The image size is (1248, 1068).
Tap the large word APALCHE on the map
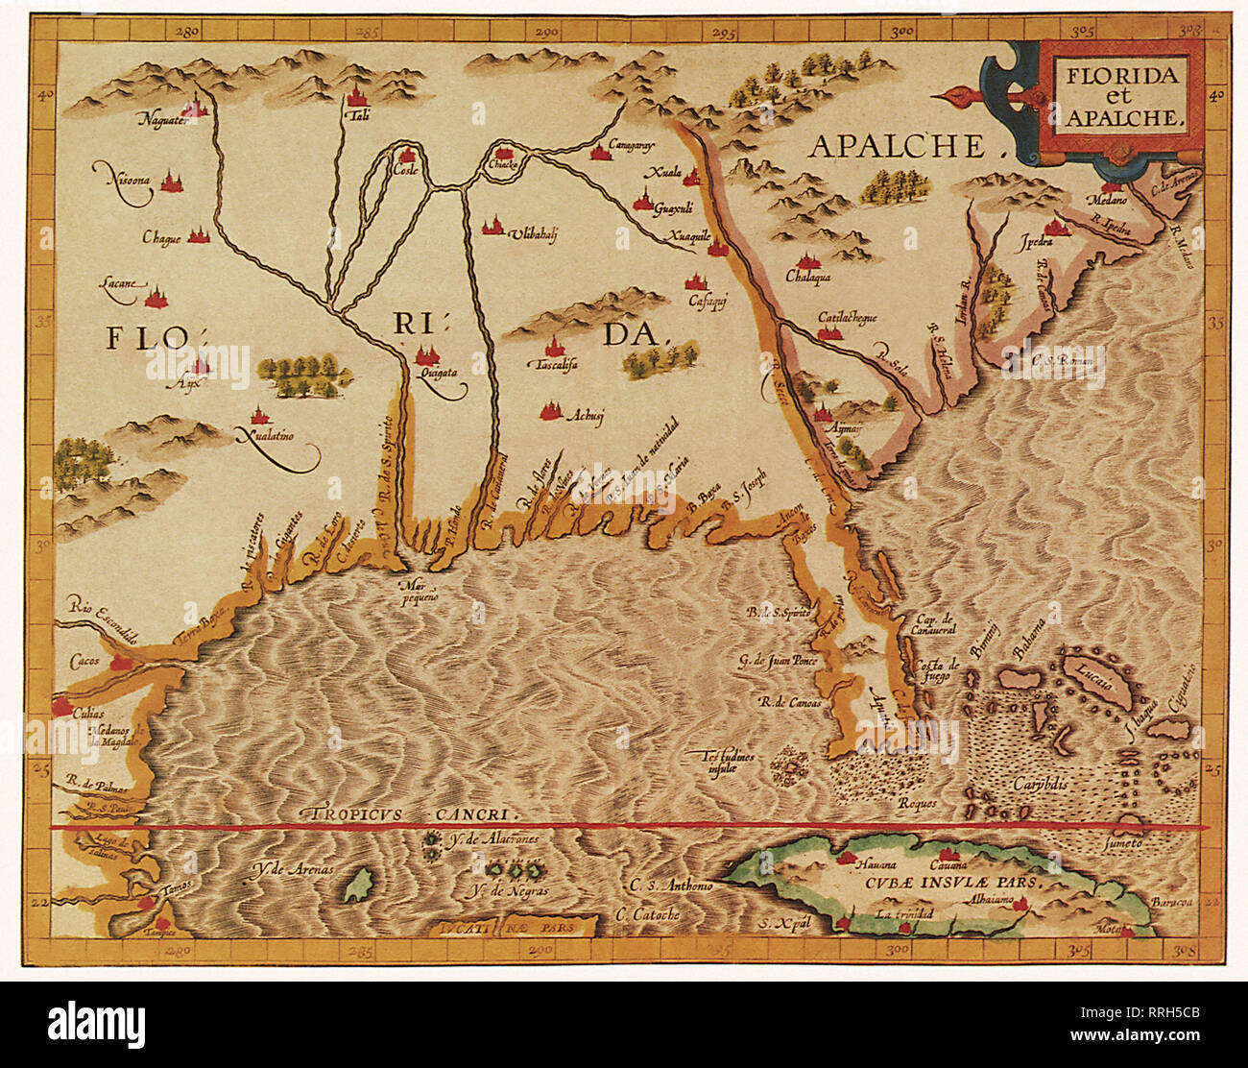898,146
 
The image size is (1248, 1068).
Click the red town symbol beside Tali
359,95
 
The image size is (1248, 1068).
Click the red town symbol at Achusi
550,411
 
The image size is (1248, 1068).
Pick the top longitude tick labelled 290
547,30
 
